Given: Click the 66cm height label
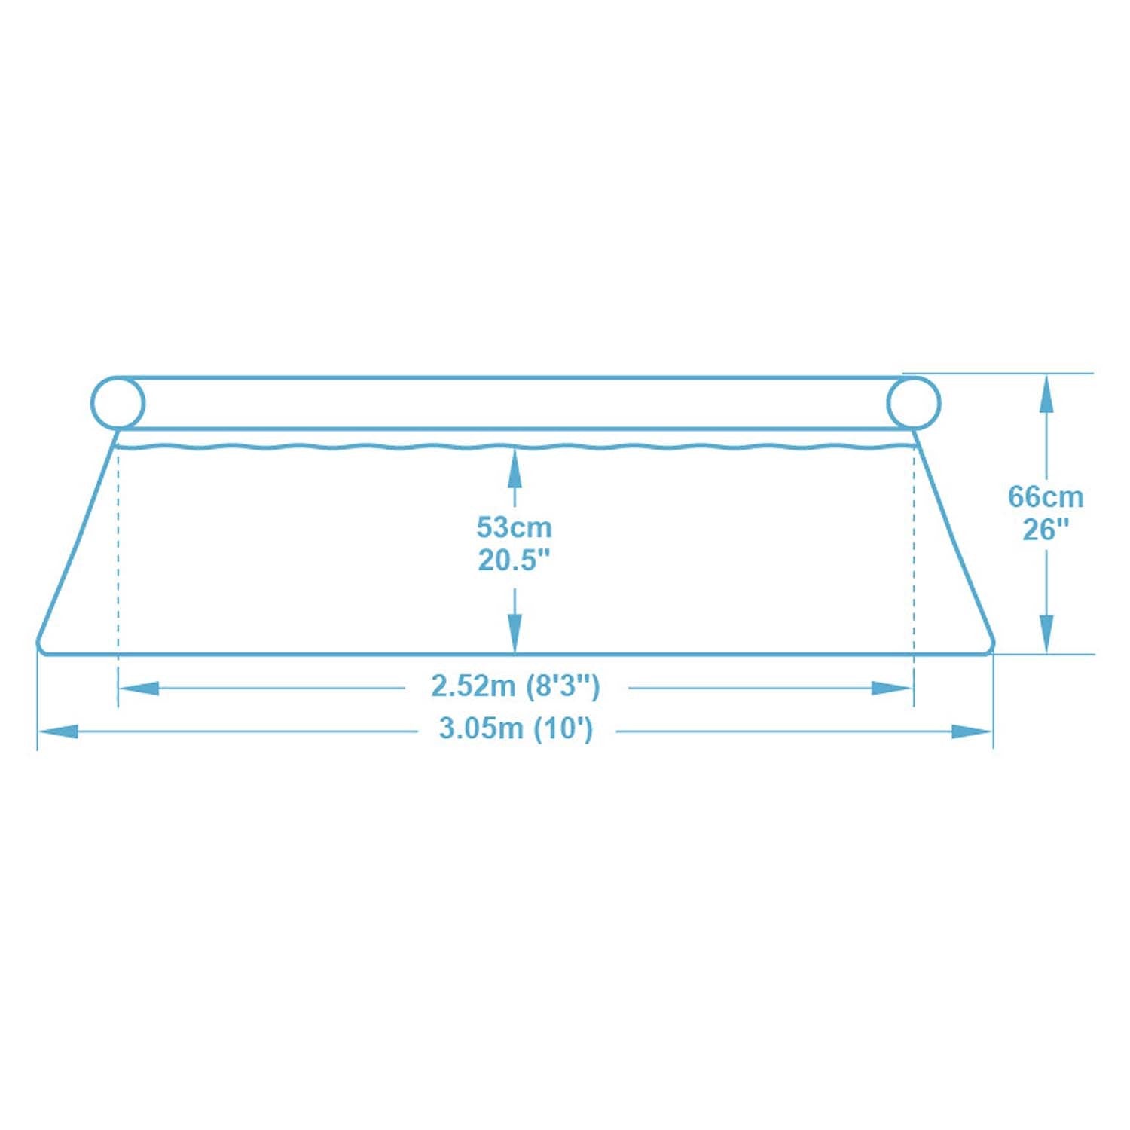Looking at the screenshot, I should tap(1046, 497).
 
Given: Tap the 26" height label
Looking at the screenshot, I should tap(1046, 530).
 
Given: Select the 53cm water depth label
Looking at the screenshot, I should tap(515, 527).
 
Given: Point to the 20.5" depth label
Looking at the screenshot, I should tap(515, 560).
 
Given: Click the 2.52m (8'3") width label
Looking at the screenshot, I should tap(515, 686).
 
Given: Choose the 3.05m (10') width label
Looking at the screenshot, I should tap(516, 729).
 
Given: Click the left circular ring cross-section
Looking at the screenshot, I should tap(118, 404).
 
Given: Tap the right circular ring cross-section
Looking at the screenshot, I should tap(913, 404).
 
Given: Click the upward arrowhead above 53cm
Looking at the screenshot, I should tap(515, 467).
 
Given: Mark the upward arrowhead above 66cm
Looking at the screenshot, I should tap(1046, 395).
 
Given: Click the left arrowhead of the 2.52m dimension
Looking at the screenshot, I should tap(139, 688).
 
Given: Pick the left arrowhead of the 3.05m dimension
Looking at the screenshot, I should tap(59, 731).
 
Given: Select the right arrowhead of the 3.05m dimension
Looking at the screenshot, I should tap(972, 731).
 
